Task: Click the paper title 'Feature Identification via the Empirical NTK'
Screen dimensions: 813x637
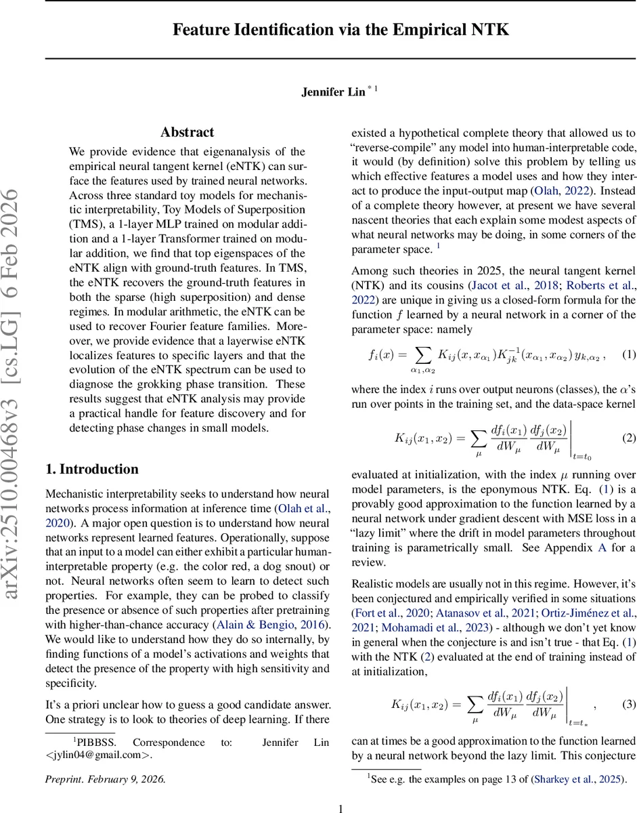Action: tap(341, 30)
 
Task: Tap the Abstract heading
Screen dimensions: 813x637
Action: tap(187, 132)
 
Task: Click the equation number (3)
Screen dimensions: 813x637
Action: tap(629, 704)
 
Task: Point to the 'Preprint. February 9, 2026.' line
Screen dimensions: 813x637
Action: tap(105, 778)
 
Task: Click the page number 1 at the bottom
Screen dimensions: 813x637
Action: tap(341, 808)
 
